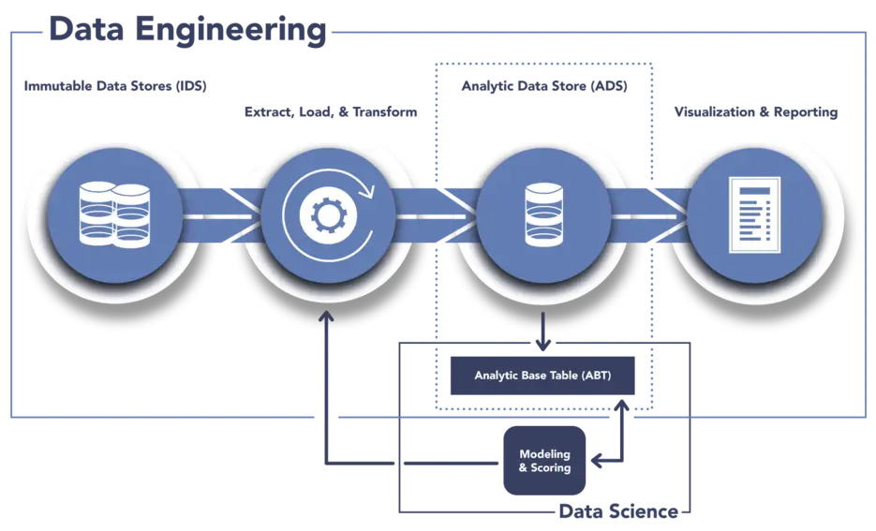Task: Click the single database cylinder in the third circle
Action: point(543,214)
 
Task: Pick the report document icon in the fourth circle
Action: point(755,214)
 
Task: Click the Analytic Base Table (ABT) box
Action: point(542,376)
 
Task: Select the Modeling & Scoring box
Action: point(544,461)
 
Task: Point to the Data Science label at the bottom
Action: point(618,512)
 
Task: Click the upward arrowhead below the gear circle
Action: point(326,318)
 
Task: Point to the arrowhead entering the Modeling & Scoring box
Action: point(600,462)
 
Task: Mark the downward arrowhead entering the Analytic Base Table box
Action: point(542,345)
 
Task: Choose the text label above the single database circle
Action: point(543,87)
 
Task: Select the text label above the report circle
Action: point(755,112)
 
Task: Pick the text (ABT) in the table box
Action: point(595,376)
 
